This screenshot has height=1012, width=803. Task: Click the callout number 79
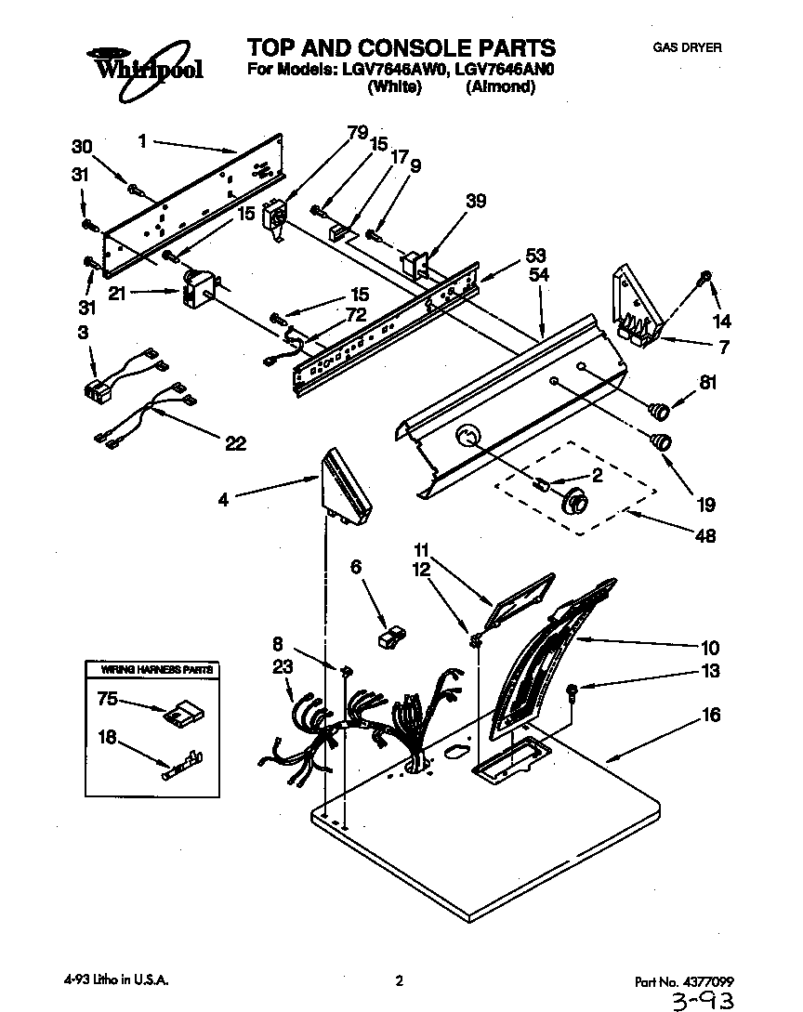[357, 132]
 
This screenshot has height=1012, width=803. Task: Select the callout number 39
[476, 201]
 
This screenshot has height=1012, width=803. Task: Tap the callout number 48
[705, 535]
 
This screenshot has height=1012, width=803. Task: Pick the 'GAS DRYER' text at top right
[688, 47]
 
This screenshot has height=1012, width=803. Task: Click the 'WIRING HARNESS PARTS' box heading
[150, 669]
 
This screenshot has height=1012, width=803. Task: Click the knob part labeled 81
[659, 408]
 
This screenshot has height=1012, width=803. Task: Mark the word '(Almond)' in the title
[501, 87]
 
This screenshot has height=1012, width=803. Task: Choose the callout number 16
[710, 716]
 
